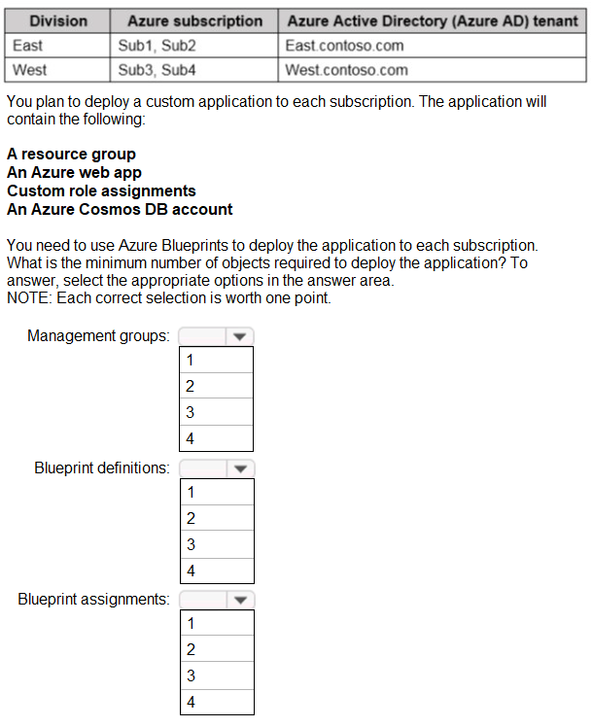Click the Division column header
[x=58, y=20]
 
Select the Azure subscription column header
[x=194, y=20]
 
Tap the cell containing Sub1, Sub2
[x=157, y=46]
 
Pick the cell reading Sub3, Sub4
[x=157, y=70]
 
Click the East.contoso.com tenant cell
[x=345, y=46]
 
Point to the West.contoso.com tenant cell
[x=347, y=70]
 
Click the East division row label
[x=28, y=46]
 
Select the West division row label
[x=30, y=70]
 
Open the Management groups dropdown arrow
[x=239, y=336]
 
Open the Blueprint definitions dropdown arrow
[x=239, y=468]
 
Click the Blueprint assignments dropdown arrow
[x=239, y=600]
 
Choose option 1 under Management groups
[x=217, y=360]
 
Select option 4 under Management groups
[x=217, y=438]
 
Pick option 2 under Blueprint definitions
[x=217, y=518]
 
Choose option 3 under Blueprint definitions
[x=217, y=544]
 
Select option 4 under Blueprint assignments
[x=217, y=702]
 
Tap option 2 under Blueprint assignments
[x=217, y=649]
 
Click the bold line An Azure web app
[x=74, y=173]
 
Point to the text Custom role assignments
[x=101, y=190]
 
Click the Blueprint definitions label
[x=102, y=468]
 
